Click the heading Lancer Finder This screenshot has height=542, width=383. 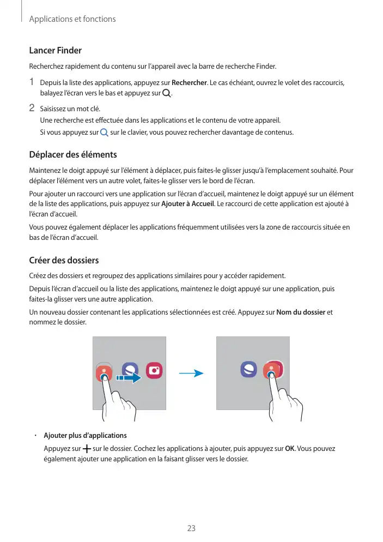pyautogui.click(x=55, y=51)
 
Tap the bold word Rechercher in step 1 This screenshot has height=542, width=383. pyautogui.click(x=189, y=82)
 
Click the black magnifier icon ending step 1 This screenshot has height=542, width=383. pyautogui.click(x=166, y=93)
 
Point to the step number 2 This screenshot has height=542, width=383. pyautogui.click(x=32, y=107)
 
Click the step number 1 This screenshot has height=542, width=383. pyautogui.click(x=32, y=82)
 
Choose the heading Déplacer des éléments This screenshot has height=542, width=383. pyautogui.click(x=72, y=155)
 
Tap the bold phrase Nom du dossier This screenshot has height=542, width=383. pyautogui.click(x=301, y=312)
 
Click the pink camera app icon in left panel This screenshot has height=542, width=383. pyautogui.click(x=155, y=370)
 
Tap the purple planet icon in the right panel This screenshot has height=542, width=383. pyautogui.click(x=249, y=370)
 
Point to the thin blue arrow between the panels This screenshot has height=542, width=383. pyautogui.click(x=191, y=374)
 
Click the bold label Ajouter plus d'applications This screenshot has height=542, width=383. pyautogui.click(x=85, y=435)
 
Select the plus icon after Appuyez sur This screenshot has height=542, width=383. pyautogui.click(x=87, y=449)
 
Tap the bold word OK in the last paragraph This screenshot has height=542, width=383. pyautogui.click(x=290, y=449)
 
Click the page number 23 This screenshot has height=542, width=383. pyautogui.click(x=191, y=528)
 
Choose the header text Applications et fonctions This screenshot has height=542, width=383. pyautogui.click(x=72, y=19)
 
